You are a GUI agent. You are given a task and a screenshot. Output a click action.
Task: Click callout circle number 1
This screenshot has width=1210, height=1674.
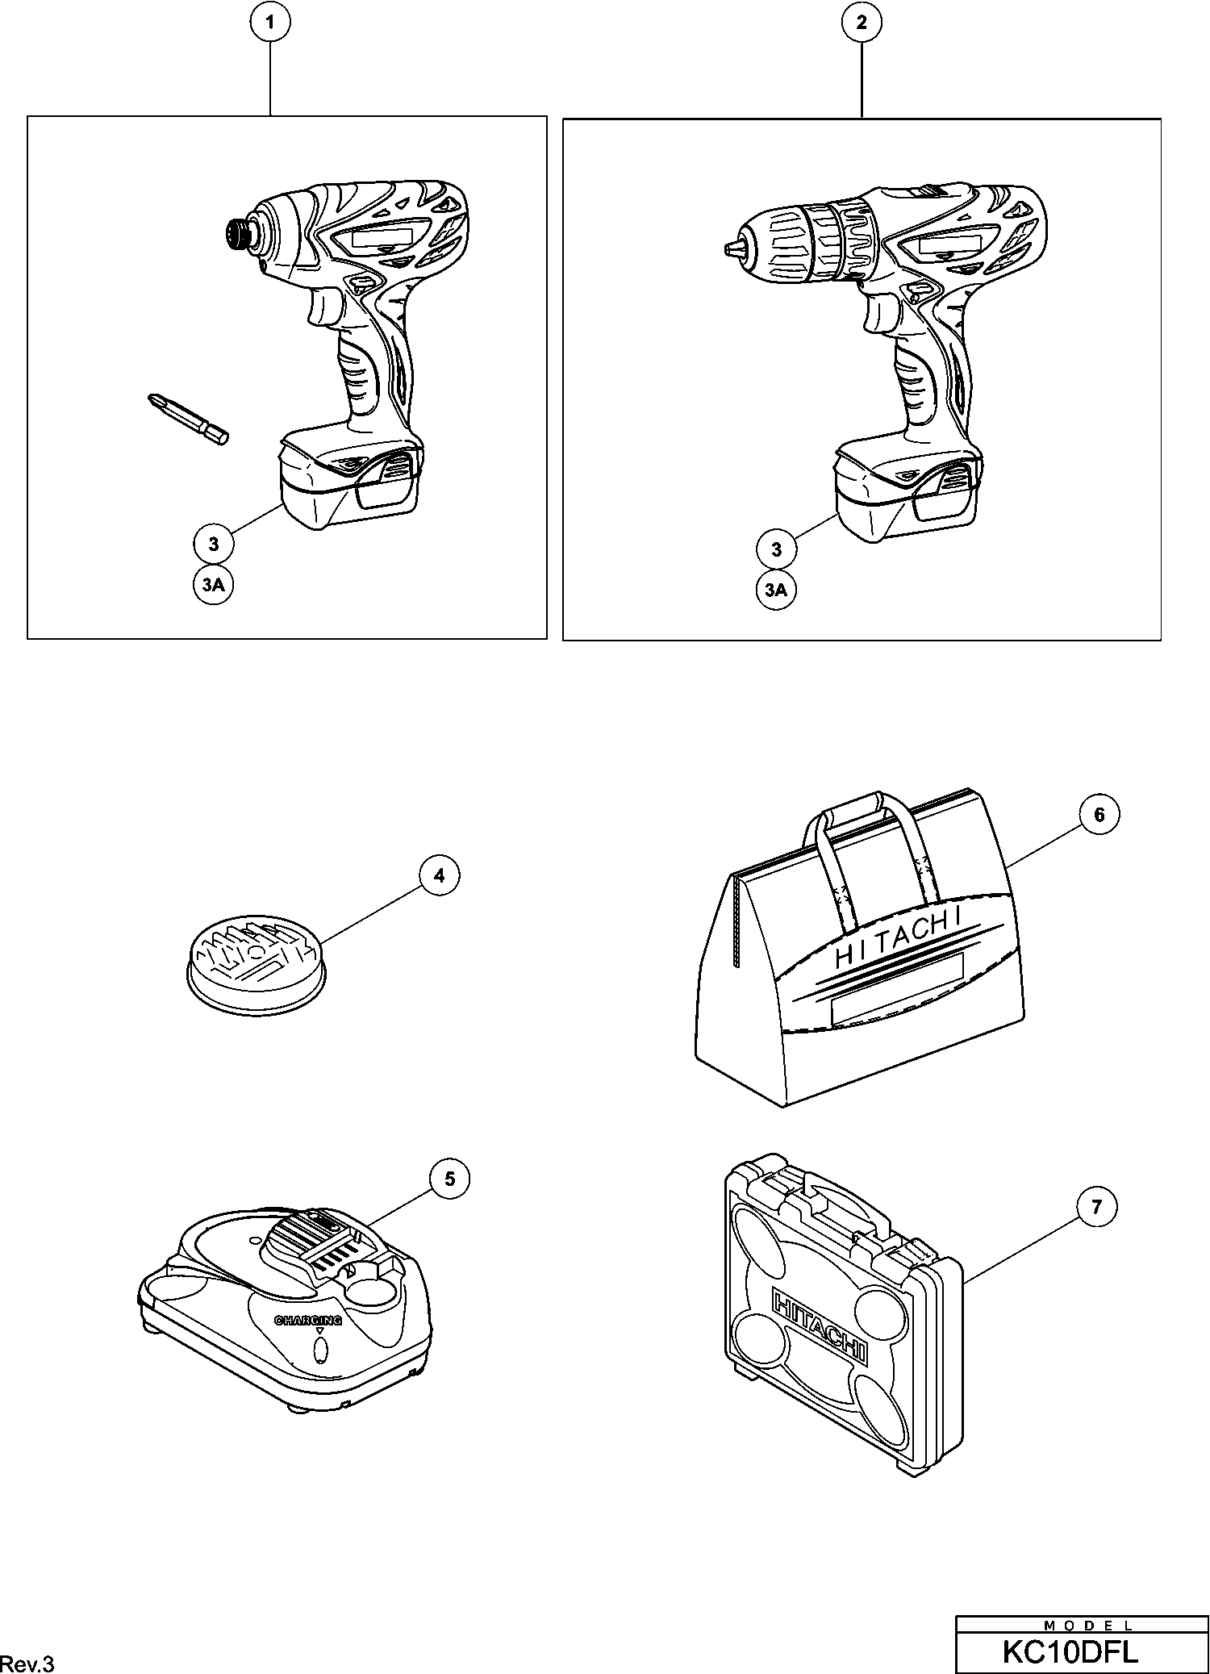click(269, 23)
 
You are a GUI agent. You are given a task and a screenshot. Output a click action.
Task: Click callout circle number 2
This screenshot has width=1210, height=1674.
click(862, 23)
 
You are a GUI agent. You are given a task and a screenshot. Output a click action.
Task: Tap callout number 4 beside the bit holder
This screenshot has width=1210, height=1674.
click(439, 876)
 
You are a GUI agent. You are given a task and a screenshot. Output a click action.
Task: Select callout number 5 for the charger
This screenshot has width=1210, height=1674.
click(449, 1179)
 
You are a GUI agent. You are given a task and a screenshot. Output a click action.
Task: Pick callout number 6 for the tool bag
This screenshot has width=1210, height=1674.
click(1099, 815)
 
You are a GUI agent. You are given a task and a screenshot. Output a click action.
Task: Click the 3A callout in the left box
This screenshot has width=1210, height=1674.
click(213, 586)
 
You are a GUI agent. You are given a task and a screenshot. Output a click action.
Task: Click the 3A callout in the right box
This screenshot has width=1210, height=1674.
click(776, 591)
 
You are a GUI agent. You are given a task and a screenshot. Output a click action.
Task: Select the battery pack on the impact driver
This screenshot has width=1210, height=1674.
click(349, 487)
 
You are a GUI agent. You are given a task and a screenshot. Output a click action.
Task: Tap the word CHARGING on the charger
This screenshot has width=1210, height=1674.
click(308, 1321)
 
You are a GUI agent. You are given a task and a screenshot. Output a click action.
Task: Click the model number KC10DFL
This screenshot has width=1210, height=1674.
click(1070, 1651)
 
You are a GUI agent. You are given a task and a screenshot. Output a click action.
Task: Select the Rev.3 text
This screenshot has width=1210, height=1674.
click(27, 1664)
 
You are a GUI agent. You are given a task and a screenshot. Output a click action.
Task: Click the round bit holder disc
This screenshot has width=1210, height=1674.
click(255, 963)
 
